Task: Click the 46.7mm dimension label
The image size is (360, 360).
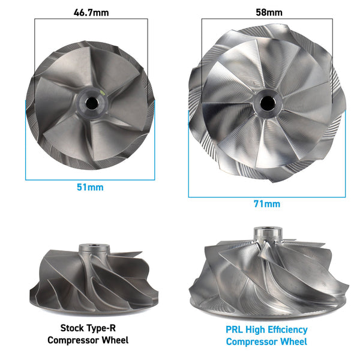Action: (x=91, y=11)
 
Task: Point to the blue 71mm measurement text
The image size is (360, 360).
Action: (x=267, y=204)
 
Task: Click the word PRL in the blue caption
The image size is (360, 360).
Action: (x=236, y=329)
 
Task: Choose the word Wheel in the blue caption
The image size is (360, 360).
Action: (x=294, y=341)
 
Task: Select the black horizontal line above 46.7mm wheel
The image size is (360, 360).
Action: (x=91, y=19)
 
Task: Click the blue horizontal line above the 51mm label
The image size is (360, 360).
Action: (x=90, y=179)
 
